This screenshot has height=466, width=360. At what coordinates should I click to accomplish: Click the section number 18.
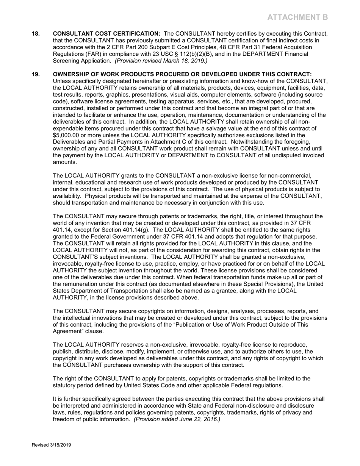[x=36, y=34]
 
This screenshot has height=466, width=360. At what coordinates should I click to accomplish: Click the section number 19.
[x=36, y=74]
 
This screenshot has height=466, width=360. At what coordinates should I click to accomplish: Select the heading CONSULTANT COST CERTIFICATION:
[x=106, y=34]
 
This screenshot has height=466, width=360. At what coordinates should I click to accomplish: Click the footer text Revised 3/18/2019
[x=51, y=445]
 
